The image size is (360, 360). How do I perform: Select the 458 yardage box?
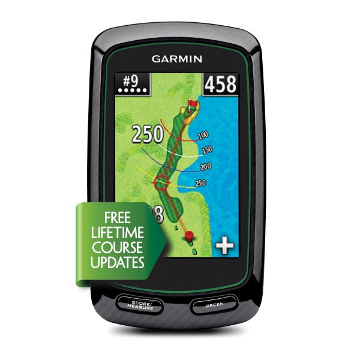click(x=220, y=85)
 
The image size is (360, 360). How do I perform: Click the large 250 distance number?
click(x=146, y=134)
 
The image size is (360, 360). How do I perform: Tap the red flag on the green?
click(x=193, y=106)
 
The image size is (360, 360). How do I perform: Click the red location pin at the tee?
click(x=189, y=236)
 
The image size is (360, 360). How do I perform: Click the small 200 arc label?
click(x=206, y=166)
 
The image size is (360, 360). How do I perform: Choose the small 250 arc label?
click(x=200, y=183)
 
